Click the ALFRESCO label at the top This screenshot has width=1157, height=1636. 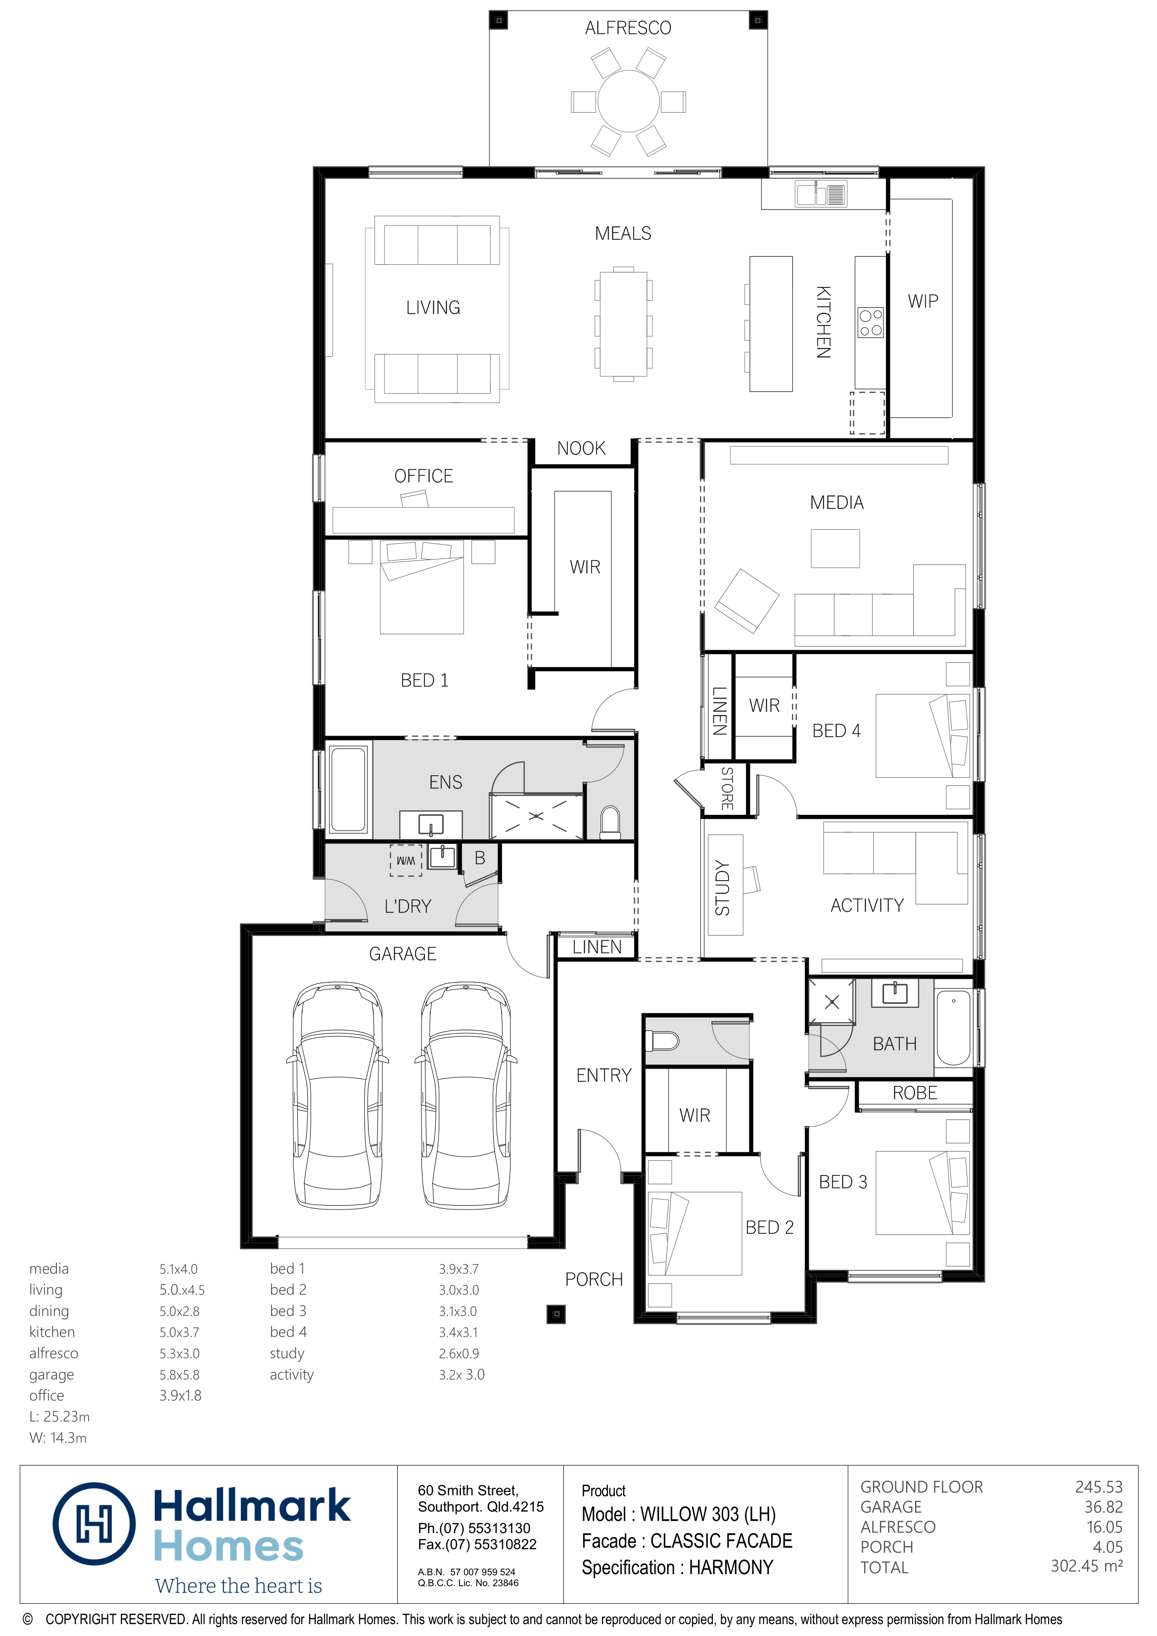[x=628, y=28]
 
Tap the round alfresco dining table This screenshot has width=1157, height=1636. [x=628, y=101]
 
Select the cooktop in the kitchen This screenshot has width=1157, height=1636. [x=870, y=323]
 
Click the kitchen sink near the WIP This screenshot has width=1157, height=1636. [x=821, y=194]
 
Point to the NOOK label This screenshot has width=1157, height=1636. [x=581, y=448]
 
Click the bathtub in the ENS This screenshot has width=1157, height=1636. [x=348, y=789]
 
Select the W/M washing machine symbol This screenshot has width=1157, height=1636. [x=406, y=860]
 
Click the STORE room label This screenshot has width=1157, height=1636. [x=727, y=788]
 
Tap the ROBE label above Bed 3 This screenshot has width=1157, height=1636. [x=915, y=1093]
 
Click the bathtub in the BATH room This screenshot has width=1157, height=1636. [x=953, y=1027]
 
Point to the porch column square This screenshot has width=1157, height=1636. [x=555, y=1313]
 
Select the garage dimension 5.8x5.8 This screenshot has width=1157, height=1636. [x=180, y=1374]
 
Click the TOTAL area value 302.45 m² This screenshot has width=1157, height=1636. [x=1086, y=1566]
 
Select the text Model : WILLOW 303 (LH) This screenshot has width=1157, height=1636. [x=678, y=1514]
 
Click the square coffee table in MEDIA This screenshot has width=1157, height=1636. [x=835, y=548]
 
